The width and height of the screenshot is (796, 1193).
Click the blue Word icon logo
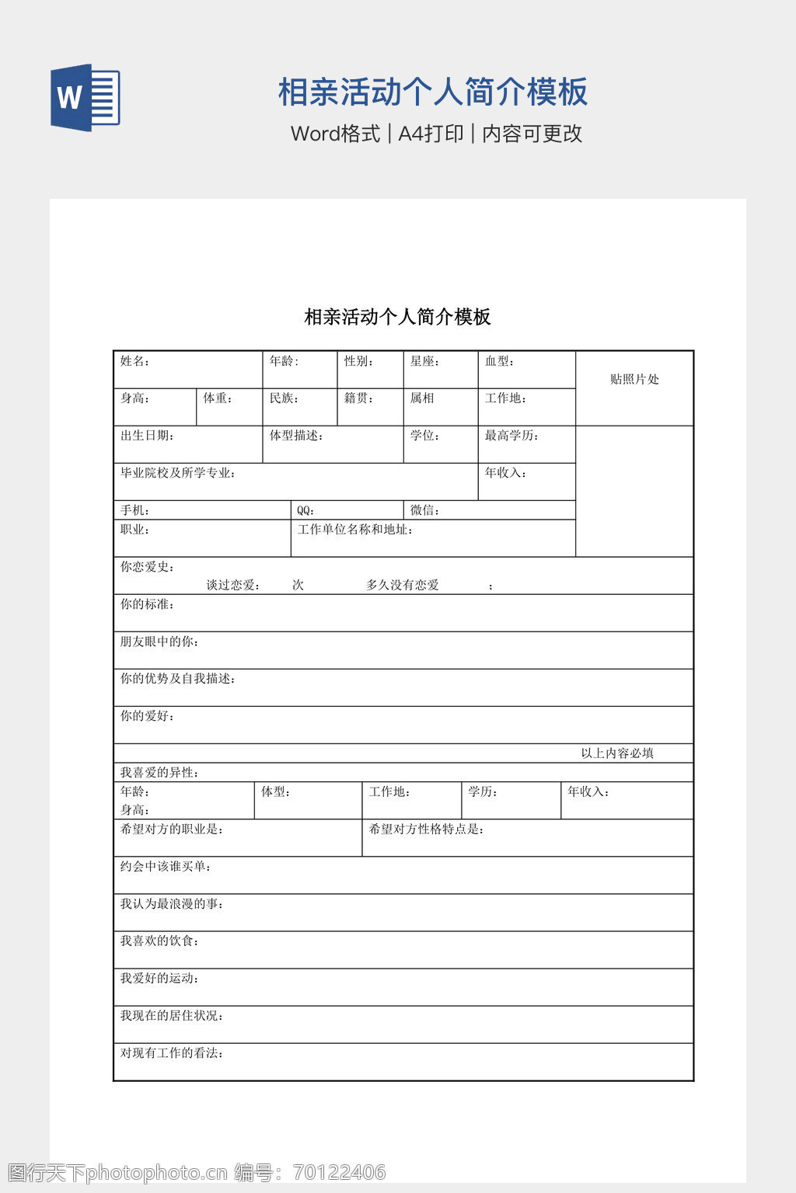pos(86,98)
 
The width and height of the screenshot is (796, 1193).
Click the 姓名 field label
pos(134,361)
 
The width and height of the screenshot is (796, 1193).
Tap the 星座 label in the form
pos(424,361)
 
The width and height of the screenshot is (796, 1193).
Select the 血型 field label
pos(499,361)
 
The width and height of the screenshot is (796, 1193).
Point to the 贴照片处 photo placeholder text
pos(634,379)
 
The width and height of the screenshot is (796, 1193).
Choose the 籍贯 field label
pos(358,398)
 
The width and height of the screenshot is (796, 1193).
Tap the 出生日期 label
pos(147,436)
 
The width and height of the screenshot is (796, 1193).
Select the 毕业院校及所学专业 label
pos(177,473)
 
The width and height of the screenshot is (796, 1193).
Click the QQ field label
pos(305,511)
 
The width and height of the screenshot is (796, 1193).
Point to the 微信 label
pos(424,510)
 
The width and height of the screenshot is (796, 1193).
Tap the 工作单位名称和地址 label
pos(354,530)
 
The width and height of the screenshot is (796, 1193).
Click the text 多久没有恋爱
pos(403,585)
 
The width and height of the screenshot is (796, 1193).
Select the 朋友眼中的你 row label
pos(159,642)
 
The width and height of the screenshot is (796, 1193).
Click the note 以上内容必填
pos(617,753)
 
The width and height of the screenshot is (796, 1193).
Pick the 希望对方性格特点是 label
pos(426,830)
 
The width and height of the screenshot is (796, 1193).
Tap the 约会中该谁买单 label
pos(165,867)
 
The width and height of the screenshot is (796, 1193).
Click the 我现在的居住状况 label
pos(171,1016)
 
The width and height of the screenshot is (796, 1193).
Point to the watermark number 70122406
pos(340,1172)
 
